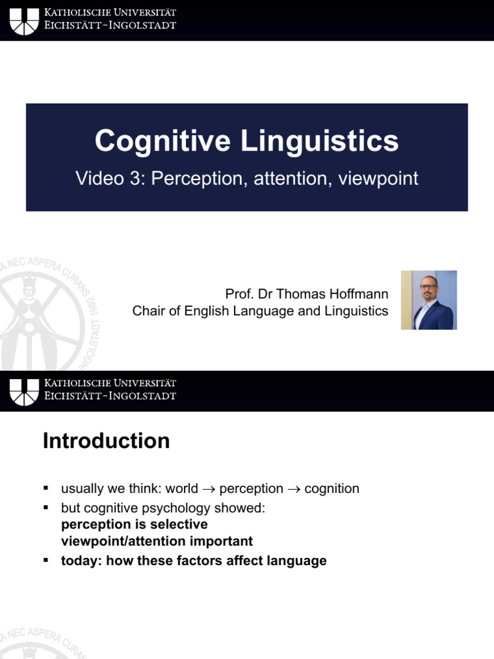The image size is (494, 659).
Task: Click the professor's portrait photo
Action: click(429, 300)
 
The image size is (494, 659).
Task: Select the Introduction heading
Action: click(106, 441)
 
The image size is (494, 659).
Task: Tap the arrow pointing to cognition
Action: click(294, 489)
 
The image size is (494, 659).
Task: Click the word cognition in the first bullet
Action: click(332, 488)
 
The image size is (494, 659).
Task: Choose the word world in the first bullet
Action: click(181, 488)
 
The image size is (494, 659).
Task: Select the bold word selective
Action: click(181, 524)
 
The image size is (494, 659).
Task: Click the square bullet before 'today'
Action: click(46, 561)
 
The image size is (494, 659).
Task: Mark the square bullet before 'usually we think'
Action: click(46, 488)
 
